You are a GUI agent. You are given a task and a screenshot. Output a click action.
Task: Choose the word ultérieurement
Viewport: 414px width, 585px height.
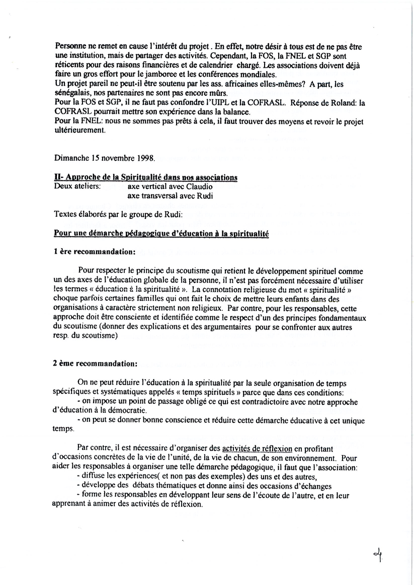80,131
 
